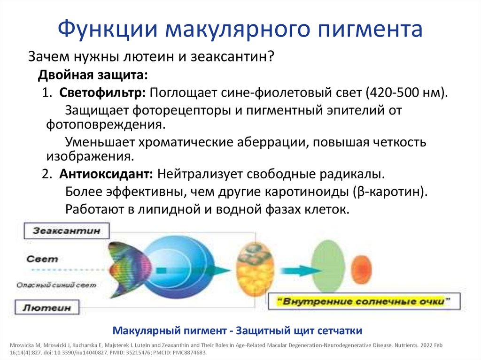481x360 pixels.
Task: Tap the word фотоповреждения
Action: pos(106,125)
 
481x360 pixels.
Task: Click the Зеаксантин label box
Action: pos(66,231)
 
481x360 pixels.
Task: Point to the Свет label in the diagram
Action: pos(42,259)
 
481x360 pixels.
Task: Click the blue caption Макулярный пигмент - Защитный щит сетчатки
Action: pos(238,330)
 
